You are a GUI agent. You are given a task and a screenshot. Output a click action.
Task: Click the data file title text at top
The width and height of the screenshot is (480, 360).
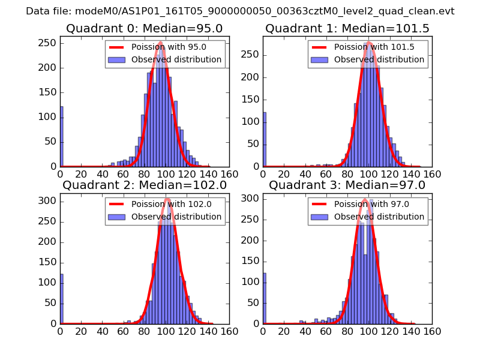click(240, 11)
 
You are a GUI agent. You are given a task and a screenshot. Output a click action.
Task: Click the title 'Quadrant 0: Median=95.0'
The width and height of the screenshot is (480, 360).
click(145, 29)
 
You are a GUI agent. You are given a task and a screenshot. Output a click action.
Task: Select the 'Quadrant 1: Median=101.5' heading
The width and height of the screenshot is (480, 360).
click(347, 29)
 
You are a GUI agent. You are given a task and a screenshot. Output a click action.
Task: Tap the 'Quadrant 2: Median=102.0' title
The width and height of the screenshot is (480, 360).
click(145, 185)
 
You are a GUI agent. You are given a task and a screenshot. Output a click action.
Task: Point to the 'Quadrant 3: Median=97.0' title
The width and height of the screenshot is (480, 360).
click(347, 185)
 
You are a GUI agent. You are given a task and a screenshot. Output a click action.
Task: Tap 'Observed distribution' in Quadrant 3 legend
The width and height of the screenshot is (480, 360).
click(379, 216)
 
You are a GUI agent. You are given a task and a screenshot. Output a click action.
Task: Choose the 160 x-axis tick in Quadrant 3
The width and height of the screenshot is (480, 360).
click(432, 331)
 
